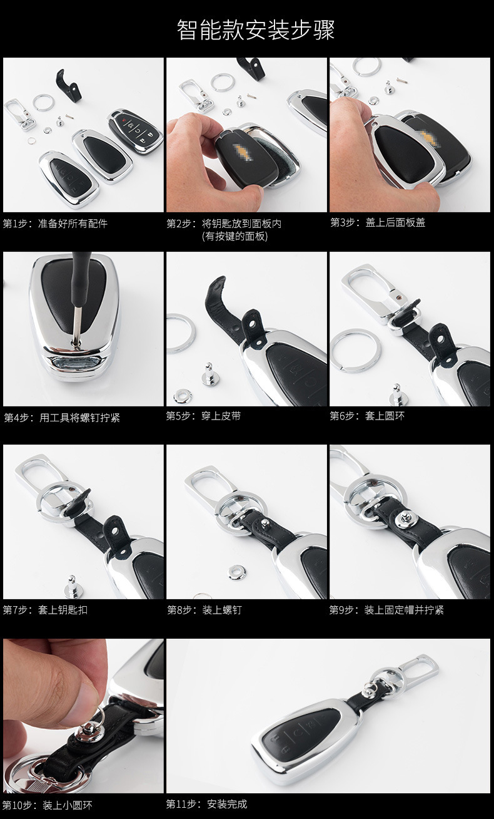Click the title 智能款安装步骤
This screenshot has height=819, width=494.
(x=256, y=29)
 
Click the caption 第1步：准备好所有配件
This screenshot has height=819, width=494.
(x=55, y=224)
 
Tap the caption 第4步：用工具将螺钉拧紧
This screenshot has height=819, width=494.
(x=62, y=418)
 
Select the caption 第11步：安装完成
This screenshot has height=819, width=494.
(x=206, y=804)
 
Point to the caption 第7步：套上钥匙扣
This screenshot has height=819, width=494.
(x=45, y=609)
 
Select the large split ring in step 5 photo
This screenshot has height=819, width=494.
(x=181, y=333)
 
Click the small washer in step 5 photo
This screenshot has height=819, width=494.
(x=182, y=395)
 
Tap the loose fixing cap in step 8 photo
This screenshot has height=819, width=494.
(x=237, y=572)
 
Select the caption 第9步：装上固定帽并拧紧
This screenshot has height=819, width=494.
(x=386, y=609)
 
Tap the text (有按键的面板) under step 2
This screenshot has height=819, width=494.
(x=235, y=236)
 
